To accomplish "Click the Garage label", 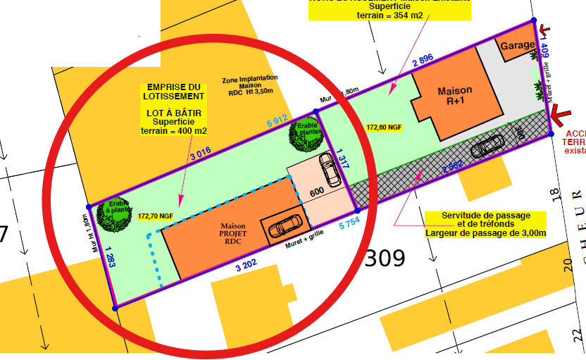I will (518, 45).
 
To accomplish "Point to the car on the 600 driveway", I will (329, 170).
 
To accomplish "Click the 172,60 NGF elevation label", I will (385, 128).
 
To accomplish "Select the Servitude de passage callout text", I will (485, 224).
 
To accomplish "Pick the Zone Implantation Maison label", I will (249, 84).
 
